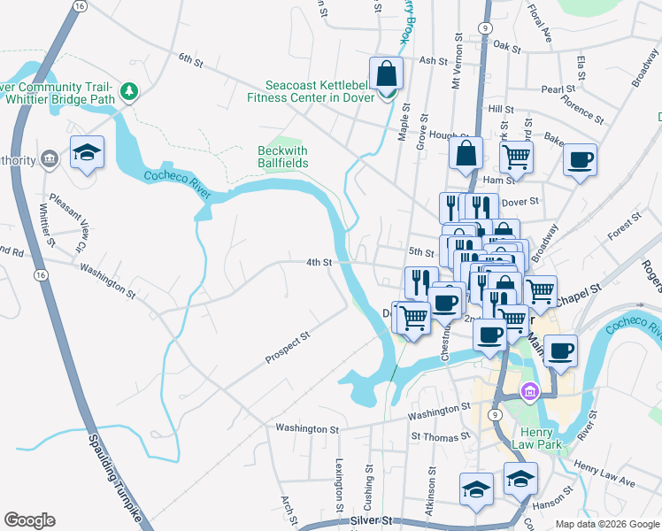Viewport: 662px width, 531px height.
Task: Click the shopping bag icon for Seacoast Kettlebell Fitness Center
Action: (x=386, y=73)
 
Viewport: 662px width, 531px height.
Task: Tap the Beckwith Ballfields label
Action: (x=282, y=157)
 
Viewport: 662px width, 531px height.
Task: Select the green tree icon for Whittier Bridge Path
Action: (x=129, y=91)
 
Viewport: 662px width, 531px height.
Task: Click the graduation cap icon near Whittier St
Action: (x=87, y=153)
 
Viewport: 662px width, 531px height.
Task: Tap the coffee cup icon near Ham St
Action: (x=580, y=161)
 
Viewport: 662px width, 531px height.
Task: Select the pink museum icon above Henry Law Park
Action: (x=530, y=390)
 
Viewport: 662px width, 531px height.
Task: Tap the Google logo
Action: (x=29, y=520)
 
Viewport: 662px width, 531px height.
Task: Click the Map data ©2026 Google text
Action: (x=606, y=524)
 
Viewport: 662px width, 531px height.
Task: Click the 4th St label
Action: (x=319, y=263)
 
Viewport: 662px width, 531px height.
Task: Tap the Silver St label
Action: (x=370, y=522)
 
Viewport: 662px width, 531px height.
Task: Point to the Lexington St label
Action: (x=339, y=483)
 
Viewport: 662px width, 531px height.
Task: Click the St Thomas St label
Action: (x=440, y=437)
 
